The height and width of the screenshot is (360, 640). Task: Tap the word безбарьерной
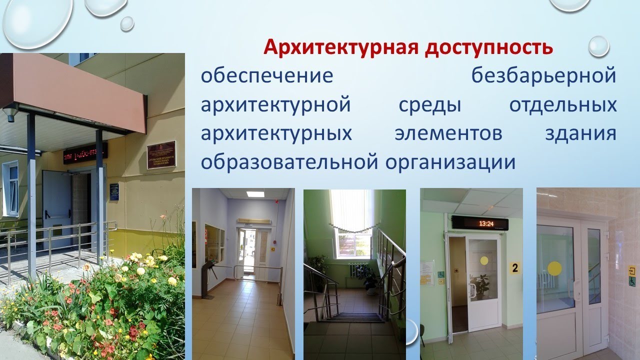pyautogui.click(x=543, y=76)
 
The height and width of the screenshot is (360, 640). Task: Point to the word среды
pyautogui.click(x=428, y=105)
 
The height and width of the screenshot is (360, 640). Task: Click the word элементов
pyautogui.click(x=448, y=134)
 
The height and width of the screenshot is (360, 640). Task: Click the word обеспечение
pyautogui.click(x=267, y=76)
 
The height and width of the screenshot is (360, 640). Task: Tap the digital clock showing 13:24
pyautogui.click(x=479, y=223)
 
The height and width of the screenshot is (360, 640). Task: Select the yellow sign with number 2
pyautogui.click(x=514, y=268)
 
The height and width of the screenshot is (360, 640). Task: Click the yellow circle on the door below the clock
pyautogui.click(x=483, y=260)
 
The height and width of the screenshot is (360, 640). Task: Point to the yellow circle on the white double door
pyautogui.click(x=555, y=268)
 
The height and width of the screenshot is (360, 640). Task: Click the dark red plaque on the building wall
pyautogui.click(x=161, y=155)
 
